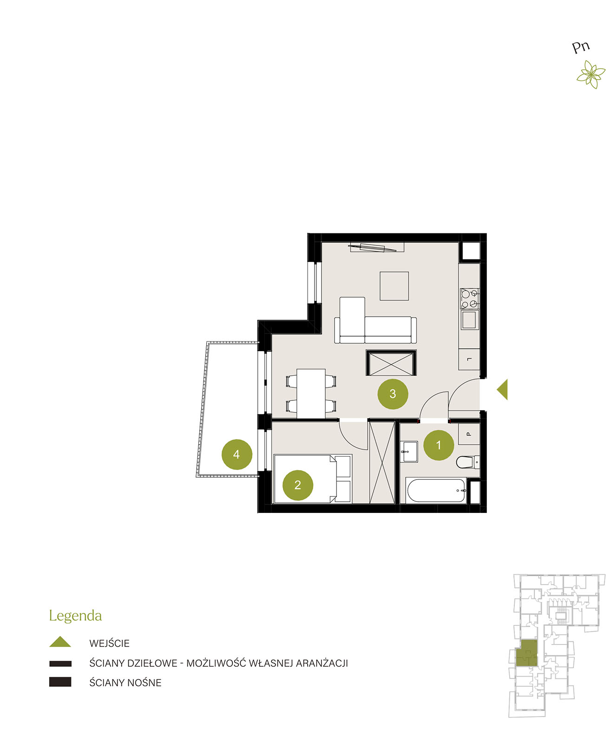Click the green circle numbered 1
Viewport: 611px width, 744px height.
tap(438, 445)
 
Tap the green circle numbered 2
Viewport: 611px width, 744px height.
tap(297, 485)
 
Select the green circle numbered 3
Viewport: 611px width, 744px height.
tap(393, 394)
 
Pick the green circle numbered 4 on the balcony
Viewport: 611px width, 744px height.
tap(237, 454)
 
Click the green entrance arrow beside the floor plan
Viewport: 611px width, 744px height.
tap(502, 390)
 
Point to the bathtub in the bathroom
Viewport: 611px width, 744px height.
tap(436, 491)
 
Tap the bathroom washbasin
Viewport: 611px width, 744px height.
tap(409, 452)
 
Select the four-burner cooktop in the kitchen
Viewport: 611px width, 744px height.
tap(469, 299)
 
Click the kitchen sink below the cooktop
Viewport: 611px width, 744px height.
tap(469, 320)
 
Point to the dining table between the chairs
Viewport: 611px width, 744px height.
tap(311, 394)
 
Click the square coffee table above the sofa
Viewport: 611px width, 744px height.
tap(394, 286)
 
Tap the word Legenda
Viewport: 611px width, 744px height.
tap(75, 616)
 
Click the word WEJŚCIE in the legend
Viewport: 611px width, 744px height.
tap(109, 643)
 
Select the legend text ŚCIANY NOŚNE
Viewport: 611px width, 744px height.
tap(125, 683)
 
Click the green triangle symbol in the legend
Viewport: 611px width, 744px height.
tap(60, 642)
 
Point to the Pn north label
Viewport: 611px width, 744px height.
tap(580, 47)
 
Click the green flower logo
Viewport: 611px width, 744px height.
tap(591, 74)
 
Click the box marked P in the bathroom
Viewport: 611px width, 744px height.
tap(469, 434)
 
